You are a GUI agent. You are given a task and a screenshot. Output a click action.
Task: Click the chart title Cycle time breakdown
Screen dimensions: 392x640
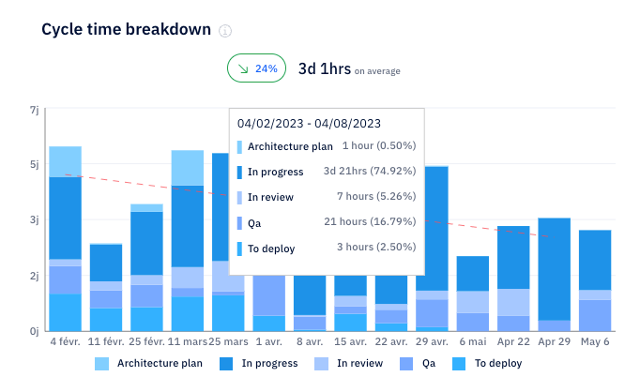point(126,29)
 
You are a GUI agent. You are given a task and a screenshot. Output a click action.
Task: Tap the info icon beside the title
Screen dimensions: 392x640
point(225,30)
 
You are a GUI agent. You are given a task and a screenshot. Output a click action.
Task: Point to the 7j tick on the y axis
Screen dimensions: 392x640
point(34,111)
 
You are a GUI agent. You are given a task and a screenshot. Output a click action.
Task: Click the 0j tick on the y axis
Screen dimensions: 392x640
point(34,330)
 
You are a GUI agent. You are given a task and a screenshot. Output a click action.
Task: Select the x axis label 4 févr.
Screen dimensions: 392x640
point(65,343)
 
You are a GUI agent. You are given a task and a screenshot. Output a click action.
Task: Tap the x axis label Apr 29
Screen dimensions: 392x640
point(554,343)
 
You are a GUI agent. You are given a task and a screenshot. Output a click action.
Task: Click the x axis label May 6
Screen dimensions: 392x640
point(595,343)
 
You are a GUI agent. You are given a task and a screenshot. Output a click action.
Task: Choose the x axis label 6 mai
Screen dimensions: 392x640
point(472,343)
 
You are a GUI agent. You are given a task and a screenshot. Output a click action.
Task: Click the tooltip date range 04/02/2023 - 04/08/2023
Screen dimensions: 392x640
point(308,123)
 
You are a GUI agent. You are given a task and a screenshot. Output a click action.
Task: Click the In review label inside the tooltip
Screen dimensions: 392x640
point(270,197)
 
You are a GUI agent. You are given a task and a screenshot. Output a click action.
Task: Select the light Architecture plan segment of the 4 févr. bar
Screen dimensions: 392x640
point(65,161)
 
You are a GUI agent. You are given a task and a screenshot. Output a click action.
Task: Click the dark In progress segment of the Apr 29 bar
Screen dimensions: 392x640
point(554,267)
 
